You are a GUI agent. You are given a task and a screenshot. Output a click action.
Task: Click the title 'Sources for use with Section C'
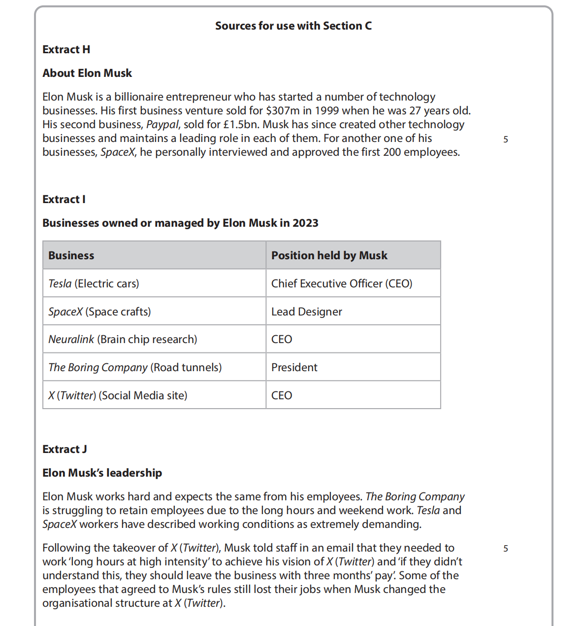(x=293, y=26)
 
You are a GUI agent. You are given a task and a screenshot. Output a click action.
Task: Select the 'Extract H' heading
(x=66, y=50)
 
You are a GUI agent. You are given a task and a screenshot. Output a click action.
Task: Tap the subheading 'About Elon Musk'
(x=87, y=73)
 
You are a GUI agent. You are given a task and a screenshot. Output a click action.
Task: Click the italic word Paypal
(x=163, y=125)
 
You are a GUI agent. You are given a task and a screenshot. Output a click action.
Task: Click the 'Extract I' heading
(x=64, y=200)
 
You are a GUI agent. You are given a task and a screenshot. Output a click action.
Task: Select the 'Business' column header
(x=71, y=256)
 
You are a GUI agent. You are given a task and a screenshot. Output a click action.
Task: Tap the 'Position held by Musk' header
(x=329, y=256)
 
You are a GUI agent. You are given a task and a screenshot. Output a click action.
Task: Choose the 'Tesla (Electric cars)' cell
(x=94, y=284)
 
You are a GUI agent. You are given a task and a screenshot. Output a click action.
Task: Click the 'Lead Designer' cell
(x=306, y=312)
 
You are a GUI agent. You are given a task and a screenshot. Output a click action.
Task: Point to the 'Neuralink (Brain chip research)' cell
(x=123, y=340)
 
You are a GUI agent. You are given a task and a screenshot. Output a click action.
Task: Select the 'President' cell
(x=294, y=368)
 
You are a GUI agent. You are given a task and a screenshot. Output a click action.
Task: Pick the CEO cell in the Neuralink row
(x=282, y=340)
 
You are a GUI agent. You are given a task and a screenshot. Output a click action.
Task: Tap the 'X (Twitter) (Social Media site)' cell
(x=118, y=396)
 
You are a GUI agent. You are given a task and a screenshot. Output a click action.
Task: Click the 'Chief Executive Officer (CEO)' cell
(x=342, y=284)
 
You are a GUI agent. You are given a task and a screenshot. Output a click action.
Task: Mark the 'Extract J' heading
(x=65, y=450)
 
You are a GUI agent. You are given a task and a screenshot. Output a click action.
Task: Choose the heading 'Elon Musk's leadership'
(x=102, y=473)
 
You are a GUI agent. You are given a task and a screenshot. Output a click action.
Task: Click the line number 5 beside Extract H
(x=506, y=139)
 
